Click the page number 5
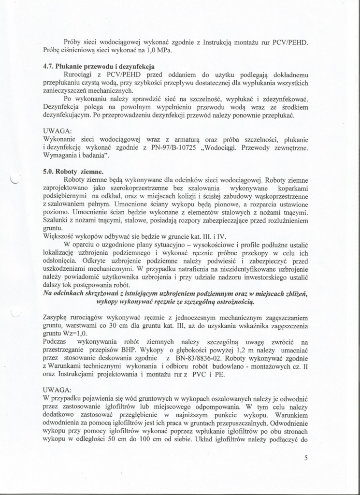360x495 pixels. click(x=306, y=459)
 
